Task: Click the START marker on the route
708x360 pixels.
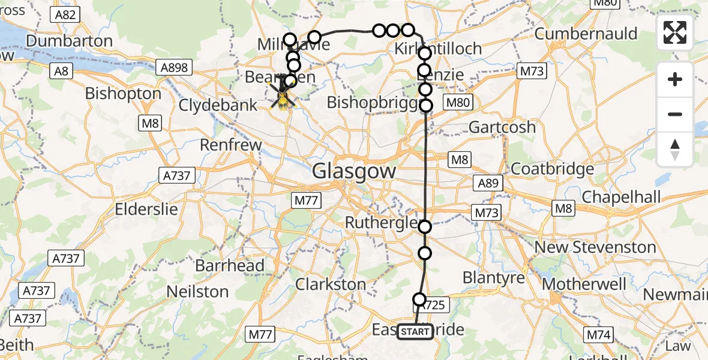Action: pyautogui.click(x=415, y=332)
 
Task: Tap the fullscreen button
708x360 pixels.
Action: pyautogui.click(x=675, y=32)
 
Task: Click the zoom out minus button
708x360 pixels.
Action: pyautogui.click(x=675, y=114)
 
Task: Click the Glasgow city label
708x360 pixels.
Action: pyautogui.click(x=353, y=172)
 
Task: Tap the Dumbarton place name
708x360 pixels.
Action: pyautogui.click(x=70, y=41)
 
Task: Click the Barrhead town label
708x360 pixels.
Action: pyautogui.click(x=230, y=265)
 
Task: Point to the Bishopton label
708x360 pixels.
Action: pyautogui.click(x=123, y=94)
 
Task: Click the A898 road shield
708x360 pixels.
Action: pyautogui.click(x=175, y=68)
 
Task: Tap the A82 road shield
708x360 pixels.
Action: pyautogui.click(x=65, y=14)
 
